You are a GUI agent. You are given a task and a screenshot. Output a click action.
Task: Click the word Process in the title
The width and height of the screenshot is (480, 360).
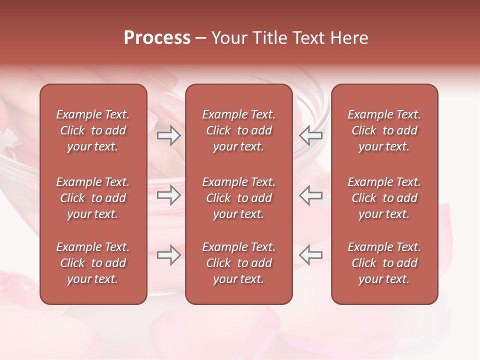[157, 38]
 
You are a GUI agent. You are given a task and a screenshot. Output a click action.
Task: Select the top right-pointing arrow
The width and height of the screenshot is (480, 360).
[168, 135]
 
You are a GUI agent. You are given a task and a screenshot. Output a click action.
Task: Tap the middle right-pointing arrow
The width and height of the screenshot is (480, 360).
[168, 195]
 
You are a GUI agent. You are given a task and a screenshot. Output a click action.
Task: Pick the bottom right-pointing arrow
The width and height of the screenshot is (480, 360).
[168, 255]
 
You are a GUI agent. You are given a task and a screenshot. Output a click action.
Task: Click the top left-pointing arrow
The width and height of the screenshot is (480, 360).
[310, 135]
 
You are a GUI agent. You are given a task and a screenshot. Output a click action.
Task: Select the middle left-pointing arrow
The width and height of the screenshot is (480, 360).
[310, 195]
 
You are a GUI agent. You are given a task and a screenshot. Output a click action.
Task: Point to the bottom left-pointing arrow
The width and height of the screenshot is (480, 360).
[310, 255]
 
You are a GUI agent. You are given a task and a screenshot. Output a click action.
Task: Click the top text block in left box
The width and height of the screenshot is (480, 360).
[93, 130]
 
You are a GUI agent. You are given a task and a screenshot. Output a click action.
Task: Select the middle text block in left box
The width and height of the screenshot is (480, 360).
[93, 198]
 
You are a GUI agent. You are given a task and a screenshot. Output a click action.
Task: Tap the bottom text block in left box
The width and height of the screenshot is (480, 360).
[93, 263]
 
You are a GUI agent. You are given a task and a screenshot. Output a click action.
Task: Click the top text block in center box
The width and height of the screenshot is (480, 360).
[239, 130]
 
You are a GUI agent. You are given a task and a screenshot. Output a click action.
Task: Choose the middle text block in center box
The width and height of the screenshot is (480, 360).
[239, 198]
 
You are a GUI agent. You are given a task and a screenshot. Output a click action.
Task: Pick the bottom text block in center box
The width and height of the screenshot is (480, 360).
[239, 263]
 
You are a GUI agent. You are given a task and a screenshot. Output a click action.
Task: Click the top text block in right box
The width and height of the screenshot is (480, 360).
[384, 130]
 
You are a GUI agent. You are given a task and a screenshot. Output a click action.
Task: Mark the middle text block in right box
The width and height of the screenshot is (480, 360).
[384, 198]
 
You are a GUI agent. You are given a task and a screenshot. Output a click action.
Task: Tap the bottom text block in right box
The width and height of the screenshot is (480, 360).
[384, 263]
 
